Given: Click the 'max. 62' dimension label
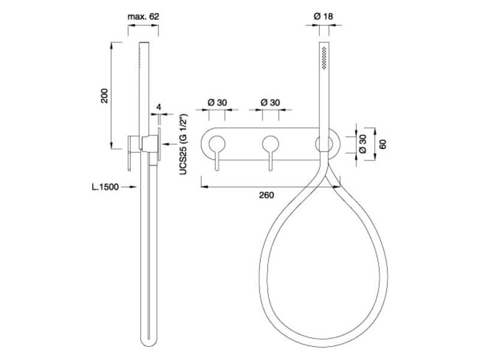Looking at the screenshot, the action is (x=143, y=17).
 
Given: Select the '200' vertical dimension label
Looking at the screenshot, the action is (x=104, y=95).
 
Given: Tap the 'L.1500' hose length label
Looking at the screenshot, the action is (x=106, y=187).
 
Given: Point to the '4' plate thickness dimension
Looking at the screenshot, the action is (x=158, y=107).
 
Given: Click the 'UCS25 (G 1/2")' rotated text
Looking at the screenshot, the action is (x=183, y=145).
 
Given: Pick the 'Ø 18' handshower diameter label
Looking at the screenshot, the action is (x=323, y=16).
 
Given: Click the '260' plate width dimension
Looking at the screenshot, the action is (x=266, y=195).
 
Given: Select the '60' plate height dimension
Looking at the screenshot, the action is (x=383, y=144).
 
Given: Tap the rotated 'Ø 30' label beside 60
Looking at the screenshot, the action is (x=362, y=144).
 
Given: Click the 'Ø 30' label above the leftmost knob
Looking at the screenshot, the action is (x=217, y=103).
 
